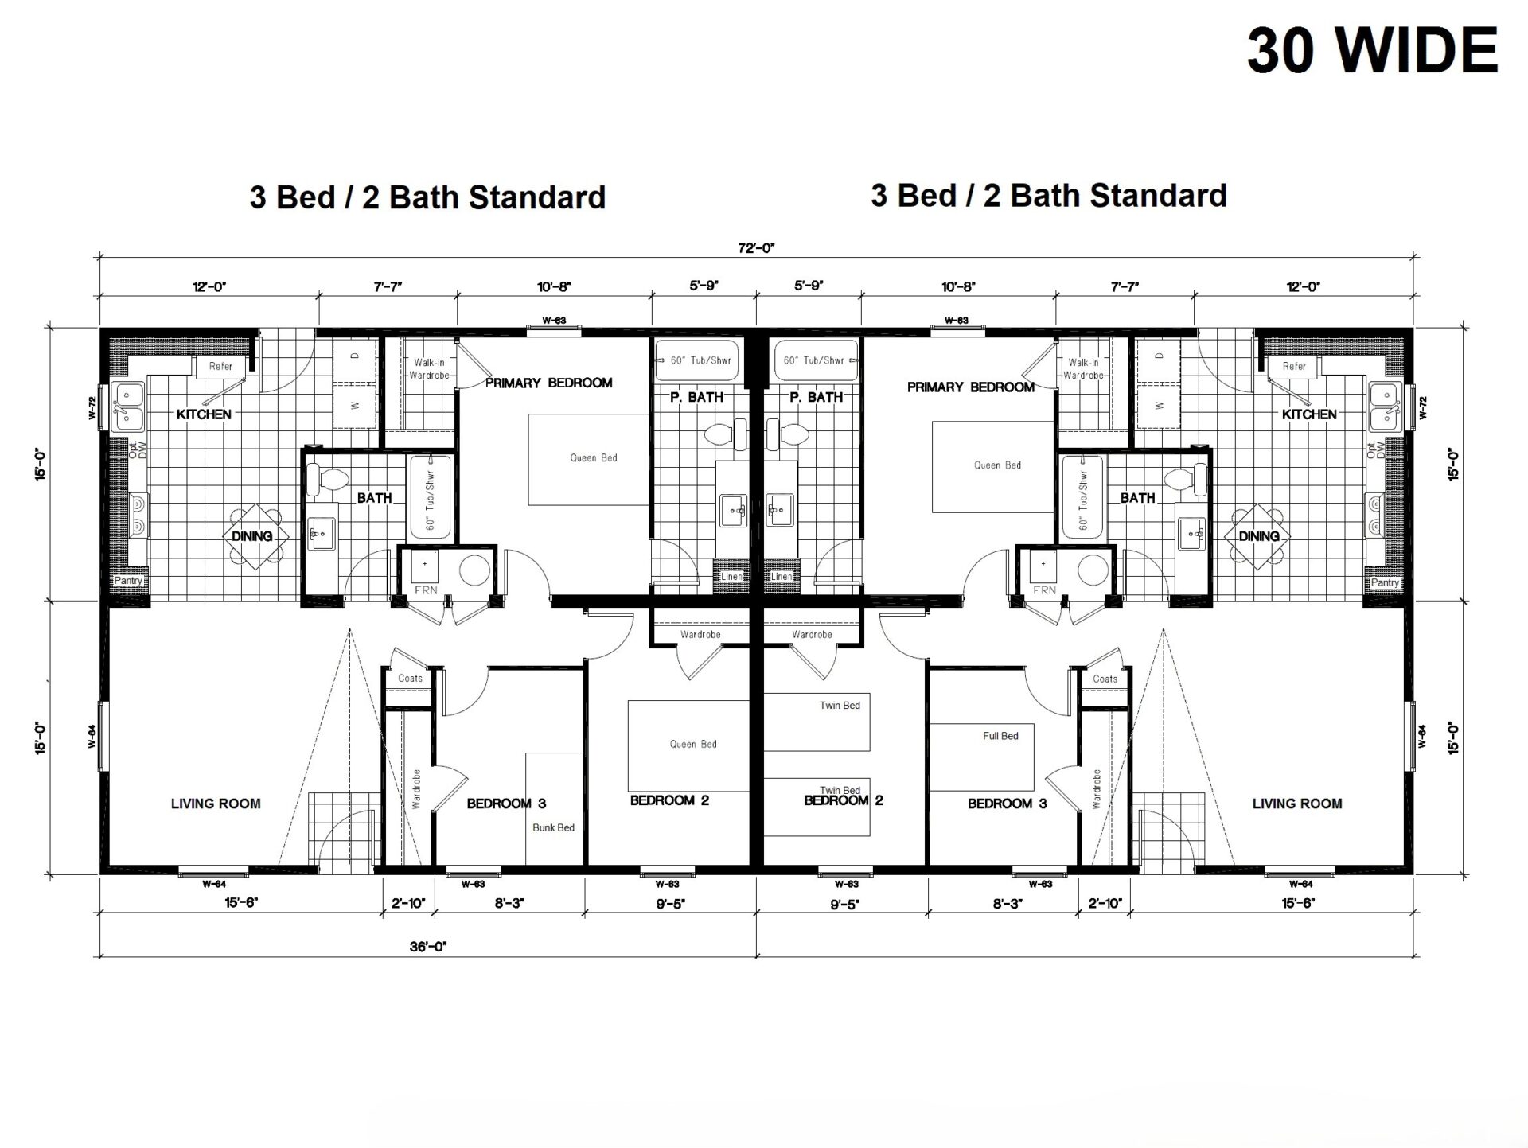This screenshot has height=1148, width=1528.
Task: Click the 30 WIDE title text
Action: click(1372, 50)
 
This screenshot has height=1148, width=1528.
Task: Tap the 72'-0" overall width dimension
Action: click(756, 247)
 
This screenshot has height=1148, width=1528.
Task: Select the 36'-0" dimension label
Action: click(428, 947)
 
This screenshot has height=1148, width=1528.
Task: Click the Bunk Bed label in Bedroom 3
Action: click(553, 827)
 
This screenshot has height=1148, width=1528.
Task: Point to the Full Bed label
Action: click(1000, 736)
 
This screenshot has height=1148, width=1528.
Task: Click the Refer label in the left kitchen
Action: click(220, 366)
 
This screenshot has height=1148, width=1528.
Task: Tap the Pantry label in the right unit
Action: click(1385, 582)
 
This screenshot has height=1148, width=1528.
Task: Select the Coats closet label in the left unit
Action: click(410, 678)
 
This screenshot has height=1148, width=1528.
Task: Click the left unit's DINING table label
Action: click(252, 536)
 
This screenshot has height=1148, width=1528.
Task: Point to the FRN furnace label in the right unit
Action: click(1044, 590)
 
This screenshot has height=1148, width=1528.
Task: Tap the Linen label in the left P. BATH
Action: click(731, 576)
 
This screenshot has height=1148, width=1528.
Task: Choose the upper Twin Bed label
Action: click(840, 705)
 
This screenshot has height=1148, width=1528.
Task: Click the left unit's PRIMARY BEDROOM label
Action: click(549, 383)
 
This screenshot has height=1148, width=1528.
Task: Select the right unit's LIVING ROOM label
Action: click(1297, 804)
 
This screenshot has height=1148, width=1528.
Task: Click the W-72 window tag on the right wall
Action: click(1424, 407)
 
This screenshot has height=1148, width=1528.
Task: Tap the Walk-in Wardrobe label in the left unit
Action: click(429, 368)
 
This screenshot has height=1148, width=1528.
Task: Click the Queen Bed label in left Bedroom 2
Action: click(693, 744)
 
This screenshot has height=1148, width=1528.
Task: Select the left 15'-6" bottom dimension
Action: click(241, 903)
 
